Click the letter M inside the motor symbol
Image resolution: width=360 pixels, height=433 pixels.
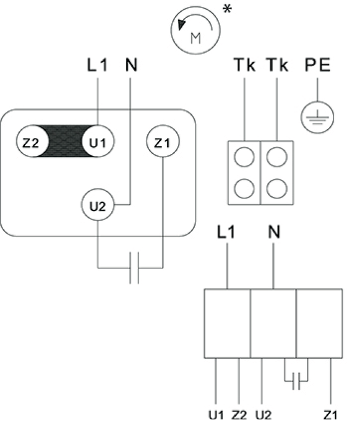pos(195,38)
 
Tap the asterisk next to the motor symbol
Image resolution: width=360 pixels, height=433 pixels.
pos(227,9)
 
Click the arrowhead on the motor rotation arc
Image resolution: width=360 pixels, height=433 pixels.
pos(181,25)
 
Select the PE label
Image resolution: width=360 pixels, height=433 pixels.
pos(317,65)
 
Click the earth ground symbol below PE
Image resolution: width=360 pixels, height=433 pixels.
pos(317,118)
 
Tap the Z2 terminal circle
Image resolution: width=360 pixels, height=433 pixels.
pos(32,142)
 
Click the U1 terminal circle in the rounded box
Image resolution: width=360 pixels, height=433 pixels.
pos(98,142)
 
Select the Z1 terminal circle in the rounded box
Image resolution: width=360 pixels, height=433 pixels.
pos(163,142)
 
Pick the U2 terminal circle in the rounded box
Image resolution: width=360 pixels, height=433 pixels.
pos(98,205)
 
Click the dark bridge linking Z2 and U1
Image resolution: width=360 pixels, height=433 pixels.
pos(65,142)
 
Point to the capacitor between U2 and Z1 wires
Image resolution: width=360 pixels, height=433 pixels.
pos(134,268)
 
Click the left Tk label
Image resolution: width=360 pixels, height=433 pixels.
pos(244,65)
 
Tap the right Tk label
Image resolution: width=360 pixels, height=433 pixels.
pos(278,65)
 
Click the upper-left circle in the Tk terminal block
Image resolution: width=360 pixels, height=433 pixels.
pos(244,157)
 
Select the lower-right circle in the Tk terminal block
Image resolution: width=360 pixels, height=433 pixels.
pos(277,189)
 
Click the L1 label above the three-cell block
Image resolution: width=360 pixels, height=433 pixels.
pos(226,232)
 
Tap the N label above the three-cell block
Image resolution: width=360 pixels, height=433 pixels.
pos(274,232)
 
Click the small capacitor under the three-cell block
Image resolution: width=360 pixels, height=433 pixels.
pos(296,381)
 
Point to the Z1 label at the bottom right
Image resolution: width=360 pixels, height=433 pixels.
pos(330,415)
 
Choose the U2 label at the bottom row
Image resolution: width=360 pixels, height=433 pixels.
pos(264,415)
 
